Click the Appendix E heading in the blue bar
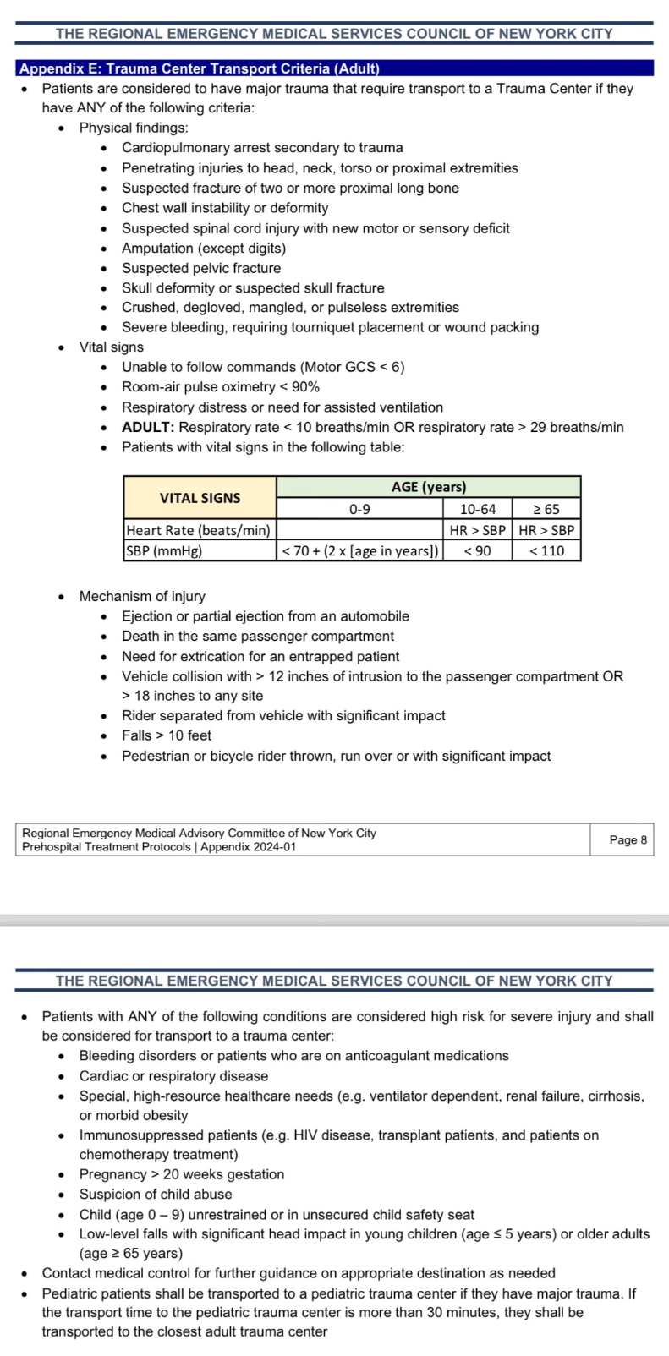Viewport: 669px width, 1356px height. tap(200, 68)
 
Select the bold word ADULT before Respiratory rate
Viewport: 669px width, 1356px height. tap(148, 427)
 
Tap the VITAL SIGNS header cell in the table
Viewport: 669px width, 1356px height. tap(200, 498)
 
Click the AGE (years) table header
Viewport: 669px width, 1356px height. tap(429, 487)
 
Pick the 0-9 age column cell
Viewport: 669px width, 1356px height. tap(359, 509)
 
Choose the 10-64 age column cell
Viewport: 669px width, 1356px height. tap(478, 509)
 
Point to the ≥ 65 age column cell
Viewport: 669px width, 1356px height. tap(546, 509)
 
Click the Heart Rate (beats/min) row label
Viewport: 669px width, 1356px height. tap(199, 530)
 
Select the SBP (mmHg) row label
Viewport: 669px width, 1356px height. tap(164, 550)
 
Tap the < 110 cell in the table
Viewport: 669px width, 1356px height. tap(546, 550)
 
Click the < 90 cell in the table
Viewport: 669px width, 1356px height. tap(478, 550)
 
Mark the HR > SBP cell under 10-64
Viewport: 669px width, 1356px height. tap(478, 530)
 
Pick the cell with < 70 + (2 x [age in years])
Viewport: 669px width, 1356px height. tap(359, 550)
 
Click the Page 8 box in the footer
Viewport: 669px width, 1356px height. tap(628, 839)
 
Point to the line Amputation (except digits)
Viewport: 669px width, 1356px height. tap(204, 248)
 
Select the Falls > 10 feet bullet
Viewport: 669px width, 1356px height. tap(167, 735)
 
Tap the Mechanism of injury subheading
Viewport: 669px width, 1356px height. tap(142, 596)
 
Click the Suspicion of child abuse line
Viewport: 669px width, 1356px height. tap(156, 1194)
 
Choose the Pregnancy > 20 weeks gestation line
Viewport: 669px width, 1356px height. tap(182, 1174)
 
